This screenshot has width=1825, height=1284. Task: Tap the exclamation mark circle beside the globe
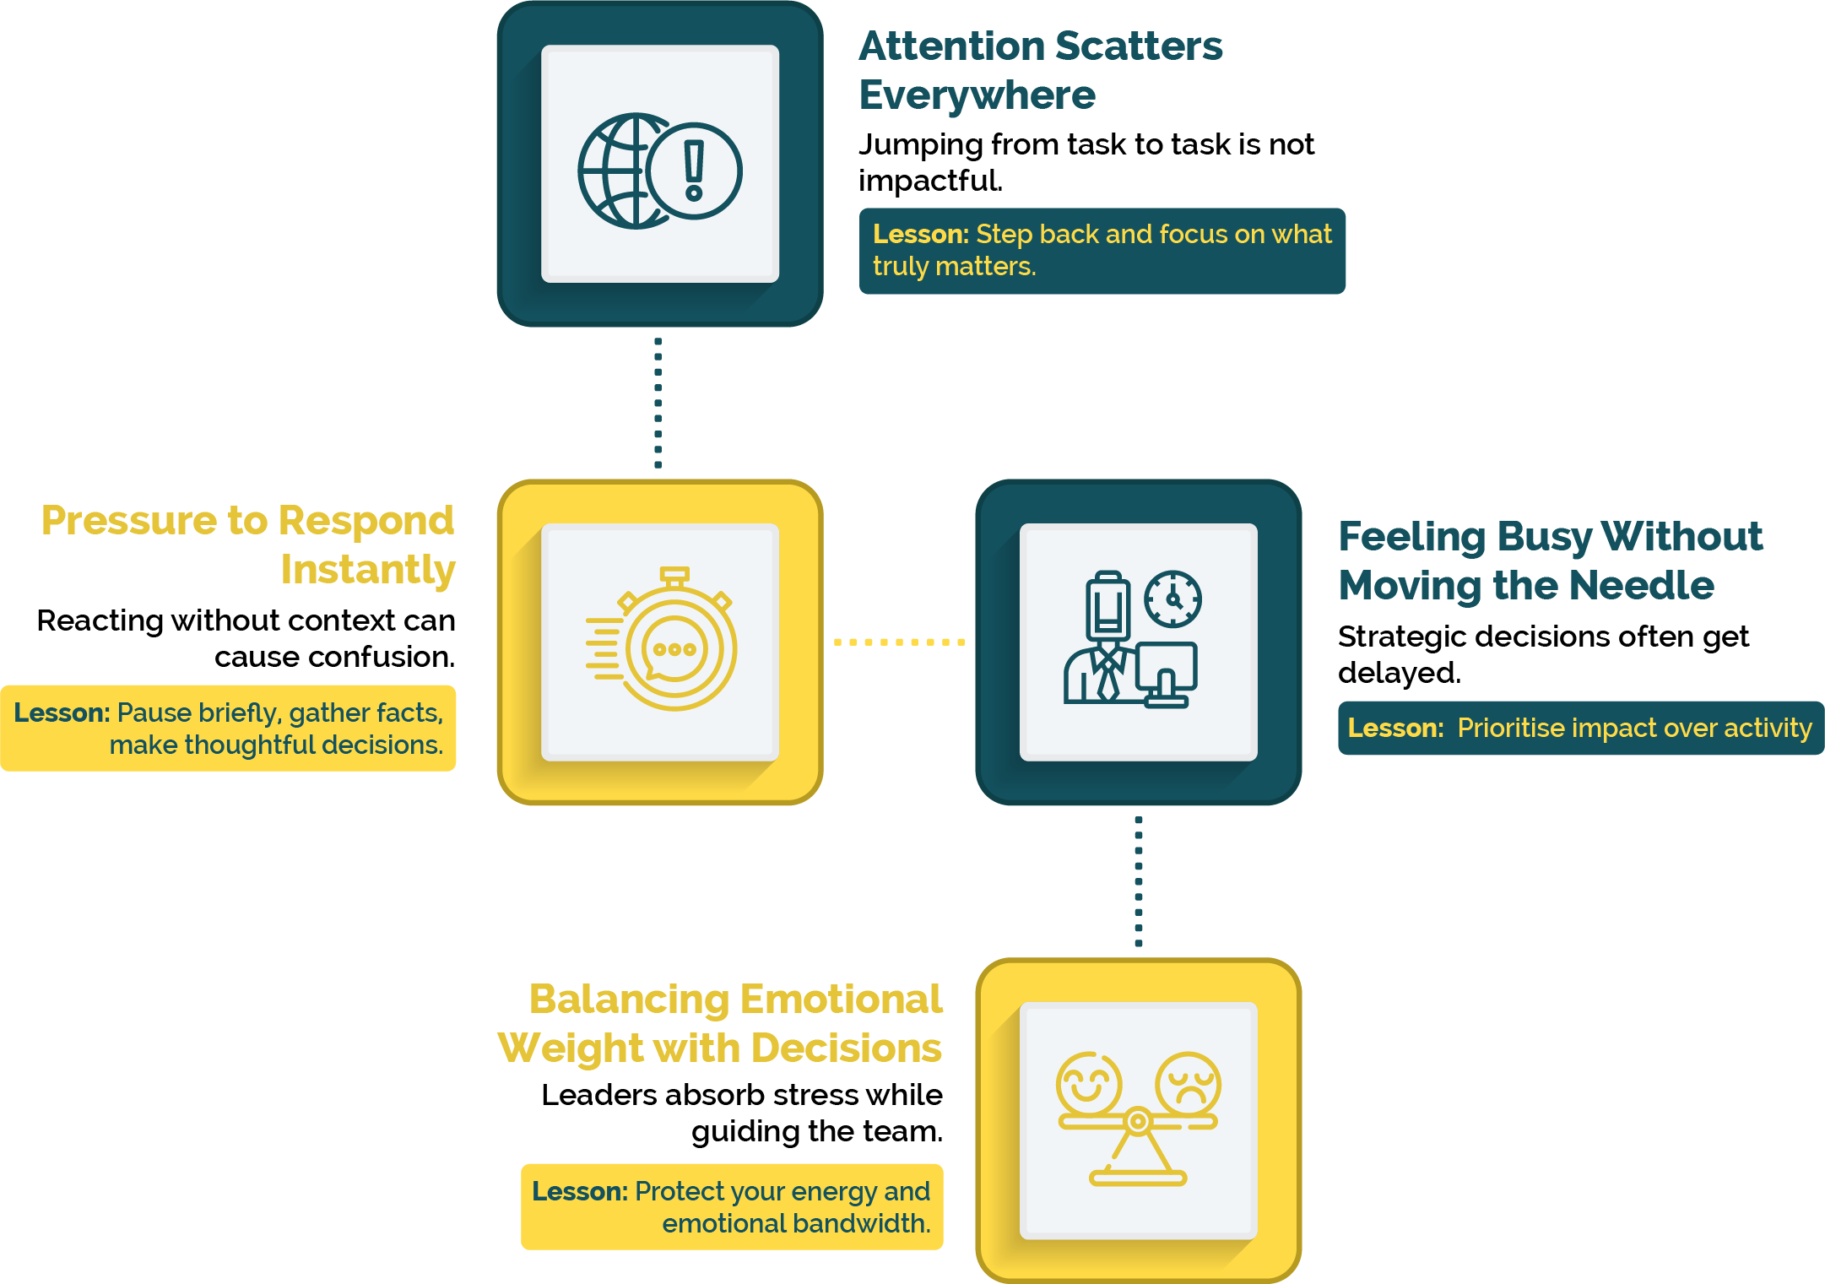[x=696, y=171]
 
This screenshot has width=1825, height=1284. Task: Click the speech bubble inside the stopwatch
[x=674, y=649]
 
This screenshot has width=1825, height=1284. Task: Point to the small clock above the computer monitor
[x=1172, y=599]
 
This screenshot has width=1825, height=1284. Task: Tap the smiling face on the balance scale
[x=1089, y=1083]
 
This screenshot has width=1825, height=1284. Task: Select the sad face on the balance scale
[x=1188, y=1083]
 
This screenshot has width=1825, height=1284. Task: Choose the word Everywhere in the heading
[x=977, y=95]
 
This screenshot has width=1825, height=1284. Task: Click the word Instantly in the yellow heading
[x=368, y=570]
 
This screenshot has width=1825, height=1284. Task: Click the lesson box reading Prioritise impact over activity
[x=1579, y=728]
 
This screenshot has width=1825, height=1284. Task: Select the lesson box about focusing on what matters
[x=1102, y=251]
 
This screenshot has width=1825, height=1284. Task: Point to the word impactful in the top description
[x=930, y=181]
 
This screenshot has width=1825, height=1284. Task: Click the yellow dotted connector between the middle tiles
[x=899, y=642]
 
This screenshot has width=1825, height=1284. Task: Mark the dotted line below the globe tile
[x=658, y=403]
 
